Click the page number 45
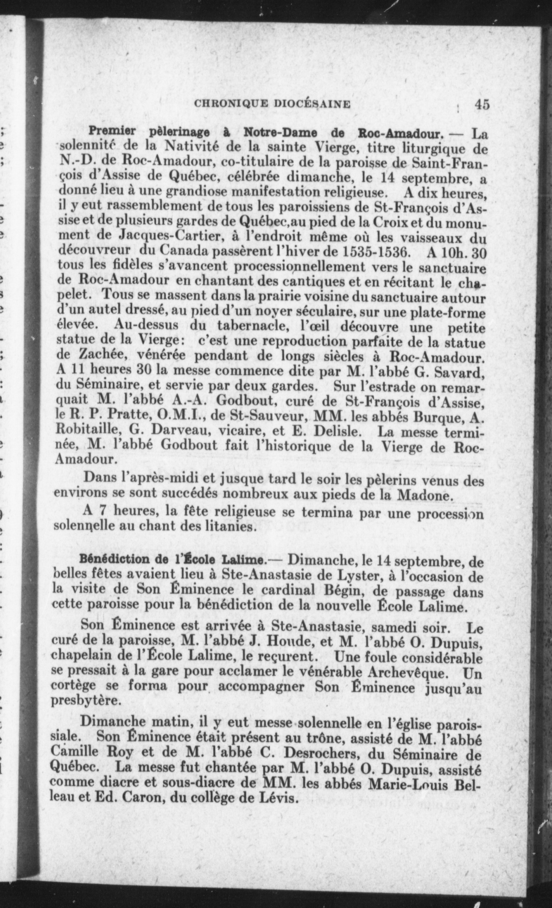tap(482, 105)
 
